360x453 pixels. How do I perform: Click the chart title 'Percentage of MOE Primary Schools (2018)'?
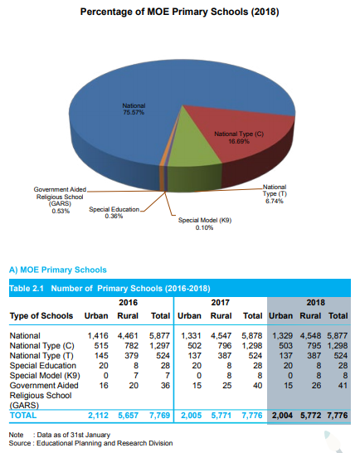[179, 12]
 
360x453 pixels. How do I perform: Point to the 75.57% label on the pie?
[134, 112]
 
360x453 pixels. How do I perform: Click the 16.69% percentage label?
[239, 141]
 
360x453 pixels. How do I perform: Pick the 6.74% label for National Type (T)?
[275, 201]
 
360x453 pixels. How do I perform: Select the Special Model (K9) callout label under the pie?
[205, 224]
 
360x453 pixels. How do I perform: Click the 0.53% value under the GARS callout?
[61, 212]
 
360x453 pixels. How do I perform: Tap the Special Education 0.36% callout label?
[114, 212]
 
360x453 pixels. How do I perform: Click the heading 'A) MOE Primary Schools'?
[58, 270]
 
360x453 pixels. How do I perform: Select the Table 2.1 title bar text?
[109, 289]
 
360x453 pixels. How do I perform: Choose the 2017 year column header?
[220, 303]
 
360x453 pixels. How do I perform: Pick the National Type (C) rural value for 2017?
[225, 345]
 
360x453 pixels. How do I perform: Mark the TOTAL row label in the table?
[23, 416]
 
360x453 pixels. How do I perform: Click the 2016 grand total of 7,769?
[159, 416]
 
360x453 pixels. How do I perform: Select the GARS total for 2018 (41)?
[343, 386]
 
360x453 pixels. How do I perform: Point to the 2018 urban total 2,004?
[282, 416]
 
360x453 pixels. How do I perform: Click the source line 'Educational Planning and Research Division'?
[105, 443]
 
